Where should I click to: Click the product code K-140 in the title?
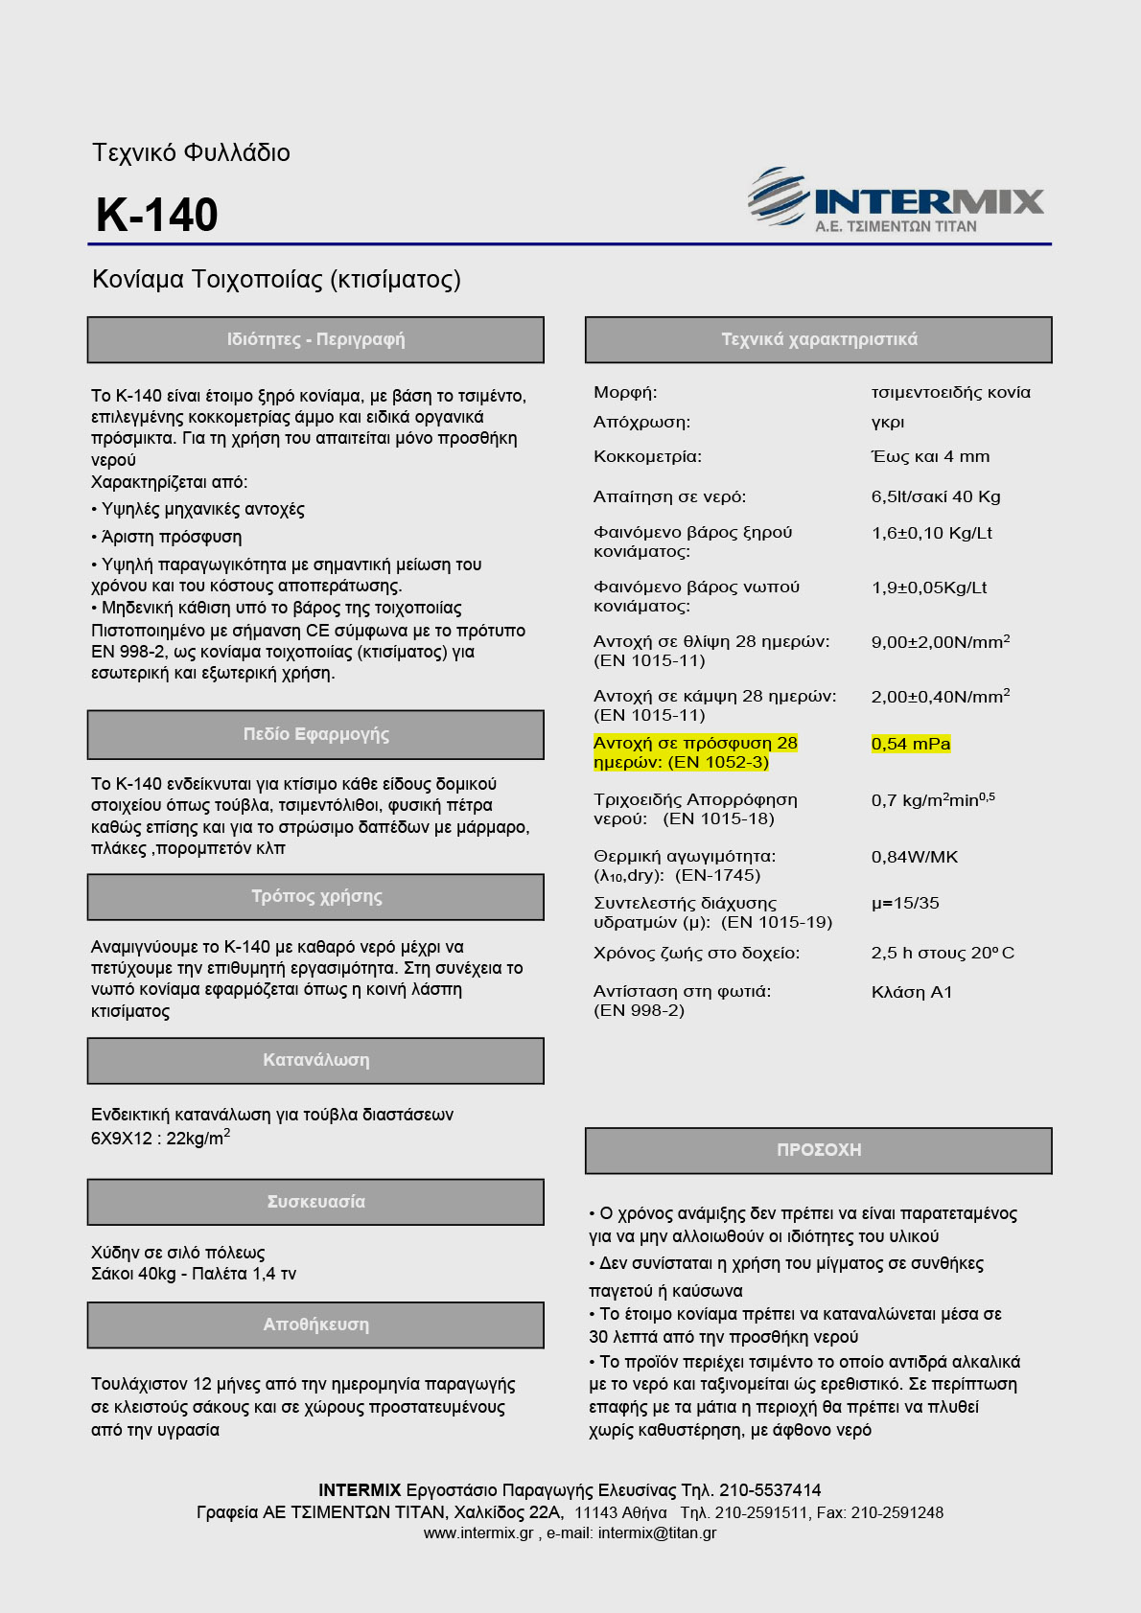coord(157,215)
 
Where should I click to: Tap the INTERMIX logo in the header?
coord(896,200)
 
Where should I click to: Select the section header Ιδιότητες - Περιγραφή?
coord(315,339)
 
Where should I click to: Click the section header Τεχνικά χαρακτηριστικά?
coord(819,339)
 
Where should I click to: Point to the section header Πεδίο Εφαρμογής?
coord(315,734)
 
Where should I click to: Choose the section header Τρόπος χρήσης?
coord(315,897)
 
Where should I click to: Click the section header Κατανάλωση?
coord(315,1060)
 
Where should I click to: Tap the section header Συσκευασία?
coord(315,1202)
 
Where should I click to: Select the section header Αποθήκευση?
coord(315,1325)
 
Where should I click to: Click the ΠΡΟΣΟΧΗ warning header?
coord(819,1150)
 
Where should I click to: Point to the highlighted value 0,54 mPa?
coord(911,744)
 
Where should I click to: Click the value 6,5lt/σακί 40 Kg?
coord(936,496)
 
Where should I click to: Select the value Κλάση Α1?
coord(912,992)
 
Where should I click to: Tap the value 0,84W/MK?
coord(915,857)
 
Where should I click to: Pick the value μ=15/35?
coord(905,903)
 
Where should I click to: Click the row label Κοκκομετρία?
coord(647,456)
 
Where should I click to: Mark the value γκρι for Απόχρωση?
coord(888,422)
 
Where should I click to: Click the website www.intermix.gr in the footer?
coord(478,1533)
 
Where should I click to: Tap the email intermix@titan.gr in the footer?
coord(657,1533)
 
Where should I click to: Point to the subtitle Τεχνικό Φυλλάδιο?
coord(191,153)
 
